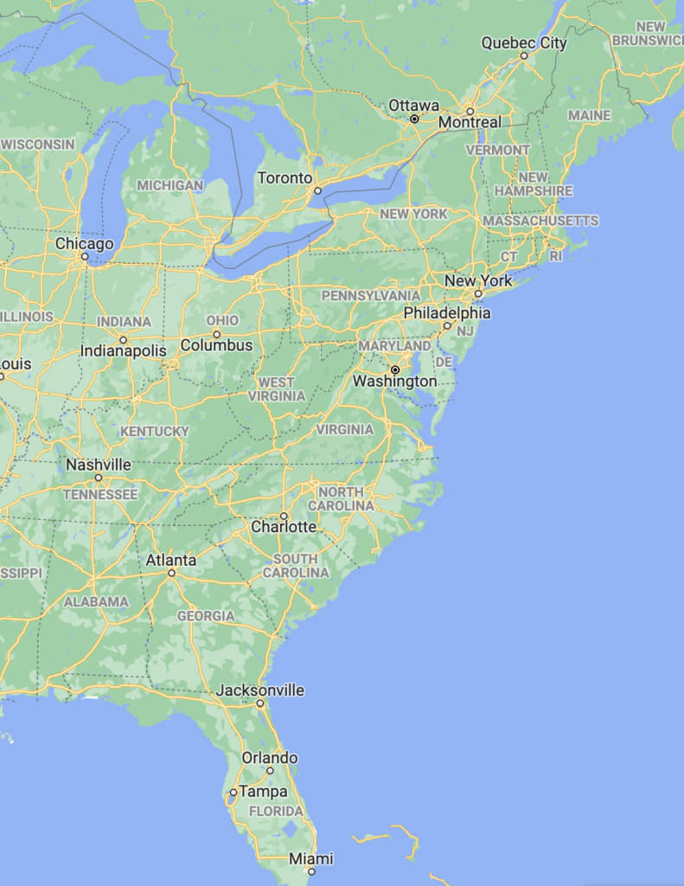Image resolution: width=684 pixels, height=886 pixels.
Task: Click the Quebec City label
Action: pos(524,42)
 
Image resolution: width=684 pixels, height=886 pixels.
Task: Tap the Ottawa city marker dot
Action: pos(414,119)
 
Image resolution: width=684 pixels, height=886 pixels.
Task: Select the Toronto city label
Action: pos(284,178)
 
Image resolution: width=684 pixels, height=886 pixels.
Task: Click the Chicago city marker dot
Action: pos(85,257)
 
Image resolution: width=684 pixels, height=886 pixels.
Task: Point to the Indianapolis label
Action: pos(123,351)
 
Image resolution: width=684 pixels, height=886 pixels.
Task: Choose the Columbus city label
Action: pos(216,345)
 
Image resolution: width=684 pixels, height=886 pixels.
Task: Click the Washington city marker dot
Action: pos(395,369)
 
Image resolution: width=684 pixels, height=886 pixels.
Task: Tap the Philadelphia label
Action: pos(446,312)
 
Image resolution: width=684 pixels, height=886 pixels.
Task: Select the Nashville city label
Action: pos(99,465)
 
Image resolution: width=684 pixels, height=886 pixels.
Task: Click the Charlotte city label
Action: pos(284,527)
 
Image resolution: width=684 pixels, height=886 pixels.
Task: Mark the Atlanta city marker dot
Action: pos(171,573)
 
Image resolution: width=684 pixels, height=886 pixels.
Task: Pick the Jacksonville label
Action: pos(260,690)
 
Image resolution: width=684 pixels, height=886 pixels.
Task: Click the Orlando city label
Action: pos(270,758)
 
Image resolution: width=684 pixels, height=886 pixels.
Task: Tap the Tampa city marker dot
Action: pos(233,792)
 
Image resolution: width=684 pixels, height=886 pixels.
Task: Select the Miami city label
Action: pos(311,859)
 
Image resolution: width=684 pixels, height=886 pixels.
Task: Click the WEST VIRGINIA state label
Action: pos(277,388)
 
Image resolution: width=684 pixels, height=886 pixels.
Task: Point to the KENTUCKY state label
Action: pos(155,431)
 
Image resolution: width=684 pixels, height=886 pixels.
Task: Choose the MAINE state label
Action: pos(590,115)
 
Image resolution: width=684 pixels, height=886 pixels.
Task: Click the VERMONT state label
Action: pos(498,150)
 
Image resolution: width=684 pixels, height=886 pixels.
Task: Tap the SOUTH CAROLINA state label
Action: pos(296,566)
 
